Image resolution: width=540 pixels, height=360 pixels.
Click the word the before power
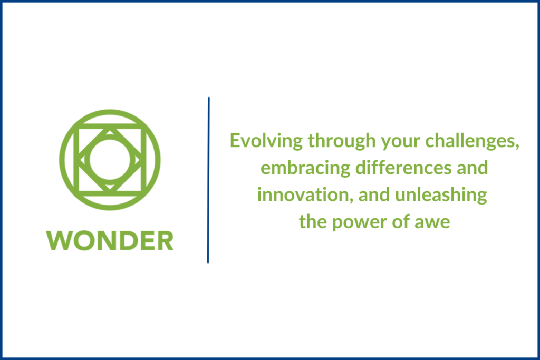click(313, 222)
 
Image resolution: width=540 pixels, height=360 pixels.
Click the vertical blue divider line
click(208, 179)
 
